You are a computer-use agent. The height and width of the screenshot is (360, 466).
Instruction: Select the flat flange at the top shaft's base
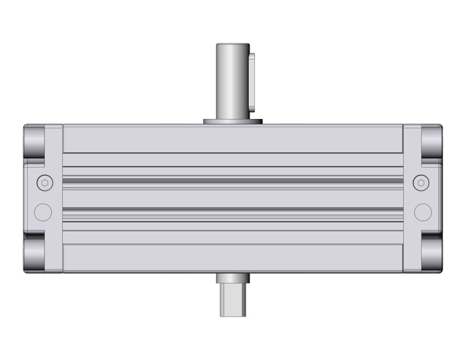[x=233, y=121]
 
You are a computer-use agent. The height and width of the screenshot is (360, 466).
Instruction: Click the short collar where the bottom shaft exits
[x=233, y=278]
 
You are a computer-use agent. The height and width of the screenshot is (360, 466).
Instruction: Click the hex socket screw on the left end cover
[x=44, y=182]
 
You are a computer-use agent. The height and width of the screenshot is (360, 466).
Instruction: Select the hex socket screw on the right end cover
[x=421, y=182]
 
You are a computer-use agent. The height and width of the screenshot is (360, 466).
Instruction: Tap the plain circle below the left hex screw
[x=43, y=212]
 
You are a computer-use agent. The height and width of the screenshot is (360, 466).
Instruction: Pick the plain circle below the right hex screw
[x=422, y=212]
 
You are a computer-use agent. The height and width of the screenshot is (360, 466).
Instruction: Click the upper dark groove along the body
[x=233, y=180]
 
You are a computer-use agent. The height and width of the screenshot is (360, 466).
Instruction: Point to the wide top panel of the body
[x=233, y=139]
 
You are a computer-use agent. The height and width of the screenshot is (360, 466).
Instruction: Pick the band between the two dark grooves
[x=233, y=196]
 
